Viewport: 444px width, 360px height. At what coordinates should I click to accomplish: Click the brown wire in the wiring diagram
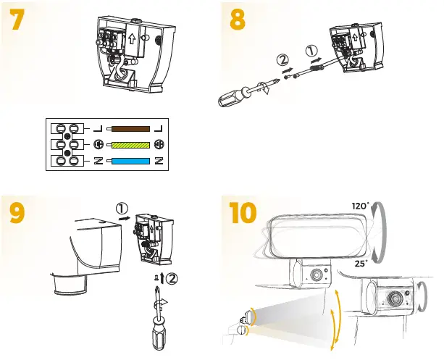point(131,128)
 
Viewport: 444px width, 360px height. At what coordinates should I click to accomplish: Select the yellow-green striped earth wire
point(131,144)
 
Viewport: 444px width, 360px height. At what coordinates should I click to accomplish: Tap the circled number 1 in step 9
point(122,209)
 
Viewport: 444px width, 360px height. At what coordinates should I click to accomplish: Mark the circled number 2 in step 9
point(172,278)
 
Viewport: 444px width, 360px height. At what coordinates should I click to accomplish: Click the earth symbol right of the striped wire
point(158,144)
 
